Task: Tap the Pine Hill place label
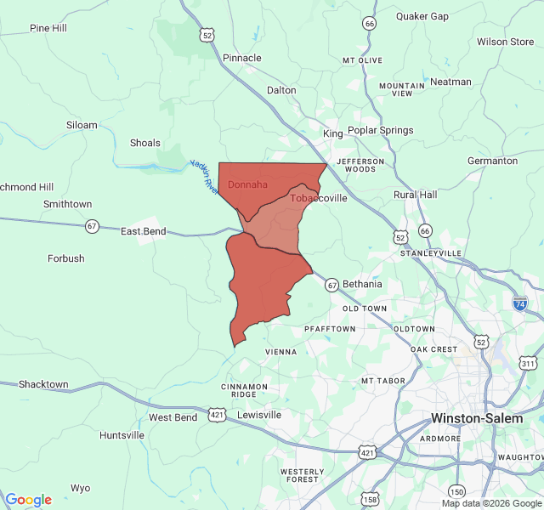tap(48, 28)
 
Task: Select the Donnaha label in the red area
tap(248, 184)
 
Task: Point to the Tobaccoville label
tap(319, 198)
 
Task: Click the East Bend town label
tap(143, 231)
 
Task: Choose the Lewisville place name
tap(259, 415)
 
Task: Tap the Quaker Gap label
tap(422, 16)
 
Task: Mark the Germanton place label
tap(492, 161)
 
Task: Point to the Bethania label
tap(362, 284)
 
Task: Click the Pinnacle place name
tap(242, 58)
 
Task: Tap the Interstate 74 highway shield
tap(519, 303)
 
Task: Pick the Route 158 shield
tap(371, 500)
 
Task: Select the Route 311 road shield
tap(528, 364)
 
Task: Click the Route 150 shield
tap(457, 491)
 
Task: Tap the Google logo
tap(28, 500)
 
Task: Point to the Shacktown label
tap(43, 384)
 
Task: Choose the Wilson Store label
tap(505, 42)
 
